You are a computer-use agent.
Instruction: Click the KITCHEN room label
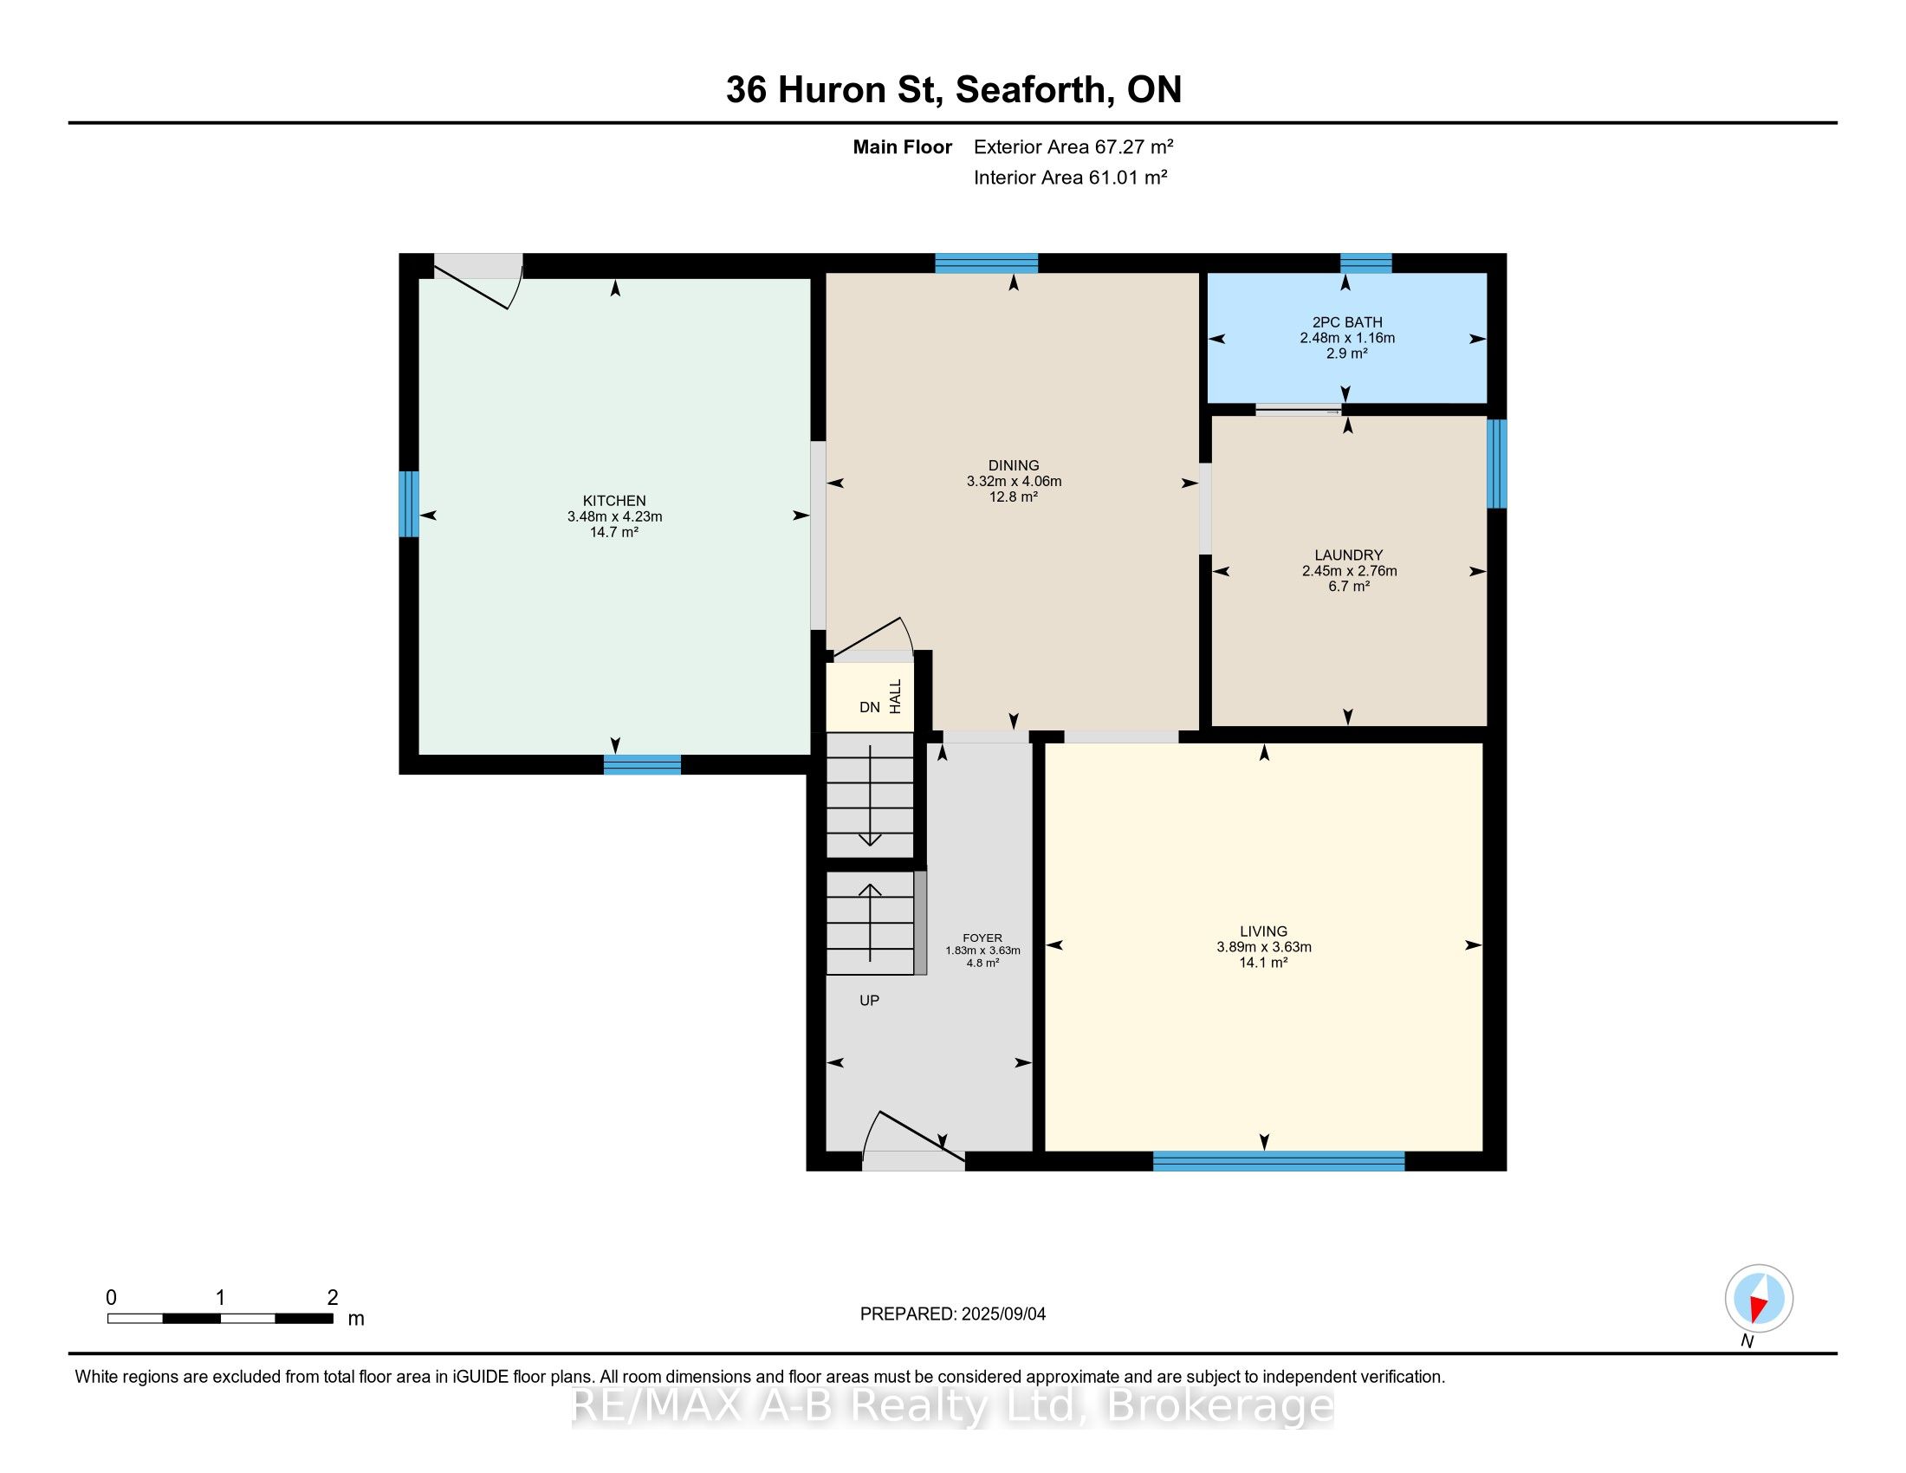pyautogui.click(x=614, y=501)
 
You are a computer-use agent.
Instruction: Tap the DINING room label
pyautogui.click(x=1014, y=465)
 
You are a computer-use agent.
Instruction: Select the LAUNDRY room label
pyautogui.click(x=1348, y=555)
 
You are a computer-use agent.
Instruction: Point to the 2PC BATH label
pyautogui.click(x=1346, y=322)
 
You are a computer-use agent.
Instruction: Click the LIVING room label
pyautogui.click(x=1263, y=931)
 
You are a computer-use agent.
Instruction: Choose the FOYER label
pyautogui.click(x=982, y=938)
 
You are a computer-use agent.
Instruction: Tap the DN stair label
pyautogui.click(x=869, y=707)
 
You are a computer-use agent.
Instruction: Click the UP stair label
pyautogui.click(x=869, y=1000)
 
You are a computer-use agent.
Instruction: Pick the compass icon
pyautogui.click(x=1759, y=1299)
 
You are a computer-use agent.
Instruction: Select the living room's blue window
pyautogui.click(x=1279, y=1160)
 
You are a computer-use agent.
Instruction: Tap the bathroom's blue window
pyautogui.click(x=1365, y=263)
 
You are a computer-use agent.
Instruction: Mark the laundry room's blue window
pyautogui.click(x=1497, y=464)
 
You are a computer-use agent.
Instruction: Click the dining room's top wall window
pyautogui.click(x=986, y=263)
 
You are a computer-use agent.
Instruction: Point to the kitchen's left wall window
pyautogui.click(x=408, y=503)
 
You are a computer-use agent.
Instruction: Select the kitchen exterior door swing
pyautogui.click(x=478, y=281)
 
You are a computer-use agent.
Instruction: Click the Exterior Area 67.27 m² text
pyautogui.click(x=1073, y=146)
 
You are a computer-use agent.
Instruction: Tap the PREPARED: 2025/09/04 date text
pyautogui.click(x=952, y=1314)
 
